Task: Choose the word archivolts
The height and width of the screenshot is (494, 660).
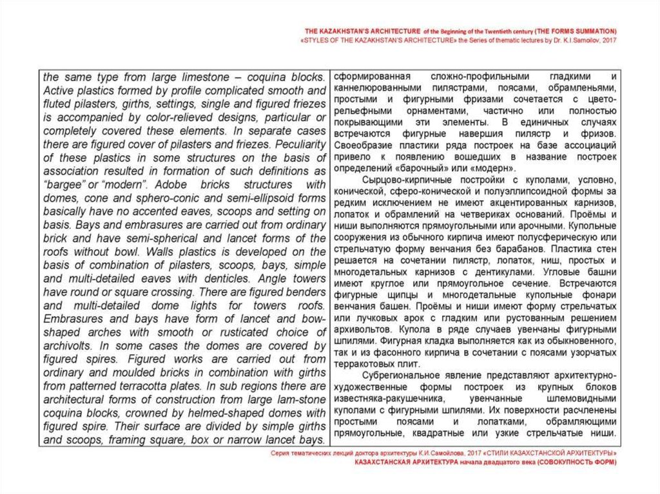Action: click(x=66, y=346)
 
